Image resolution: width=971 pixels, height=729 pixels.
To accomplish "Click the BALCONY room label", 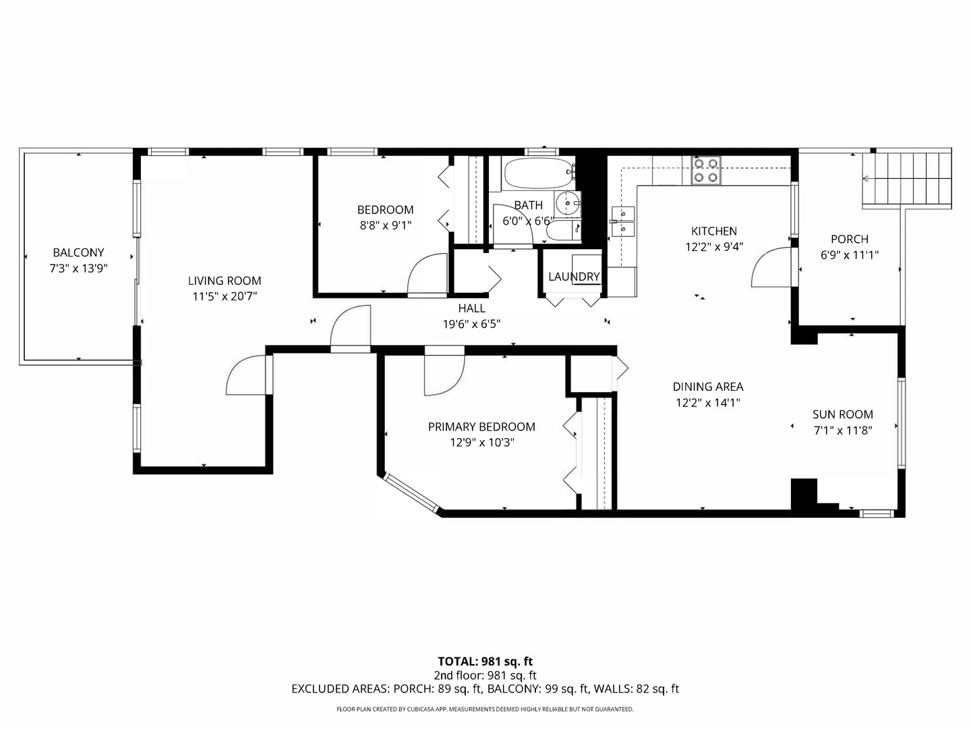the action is [78, 252].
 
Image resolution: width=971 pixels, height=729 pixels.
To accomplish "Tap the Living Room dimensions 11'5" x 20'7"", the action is [225, 296].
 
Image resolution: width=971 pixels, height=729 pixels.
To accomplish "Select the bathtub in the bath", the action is [540, 174].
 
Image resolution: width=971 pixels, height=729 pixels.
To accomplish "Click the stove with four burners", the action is [705, 170].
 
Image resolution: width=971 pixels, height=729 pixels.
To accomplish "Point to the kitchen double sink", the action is [623, 221].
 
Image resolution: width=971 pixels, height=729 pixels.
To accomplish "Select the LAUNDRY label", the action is [574, 277].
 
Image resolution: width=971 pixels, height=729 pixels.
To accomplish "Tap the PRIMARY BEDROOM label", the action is [481, 427].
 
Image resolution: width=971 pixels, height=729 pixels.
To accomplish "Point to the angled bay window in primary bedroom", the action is [411, 492].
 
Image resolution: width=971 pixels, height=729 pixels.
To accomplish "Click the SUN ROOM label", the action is [843, 414].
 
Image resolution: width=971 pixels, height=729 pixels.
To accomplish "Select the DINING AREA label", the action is [708, 387].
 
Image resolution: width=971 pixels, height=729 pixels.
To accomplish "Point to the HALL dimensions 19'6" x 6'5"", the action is [471, 325].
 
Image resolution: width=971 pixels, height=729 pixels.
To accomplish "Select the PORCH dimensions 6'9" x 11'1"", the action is [850, 255].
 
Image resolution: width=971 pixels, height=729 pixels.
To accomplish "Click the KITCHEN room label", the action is [714, 231].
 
